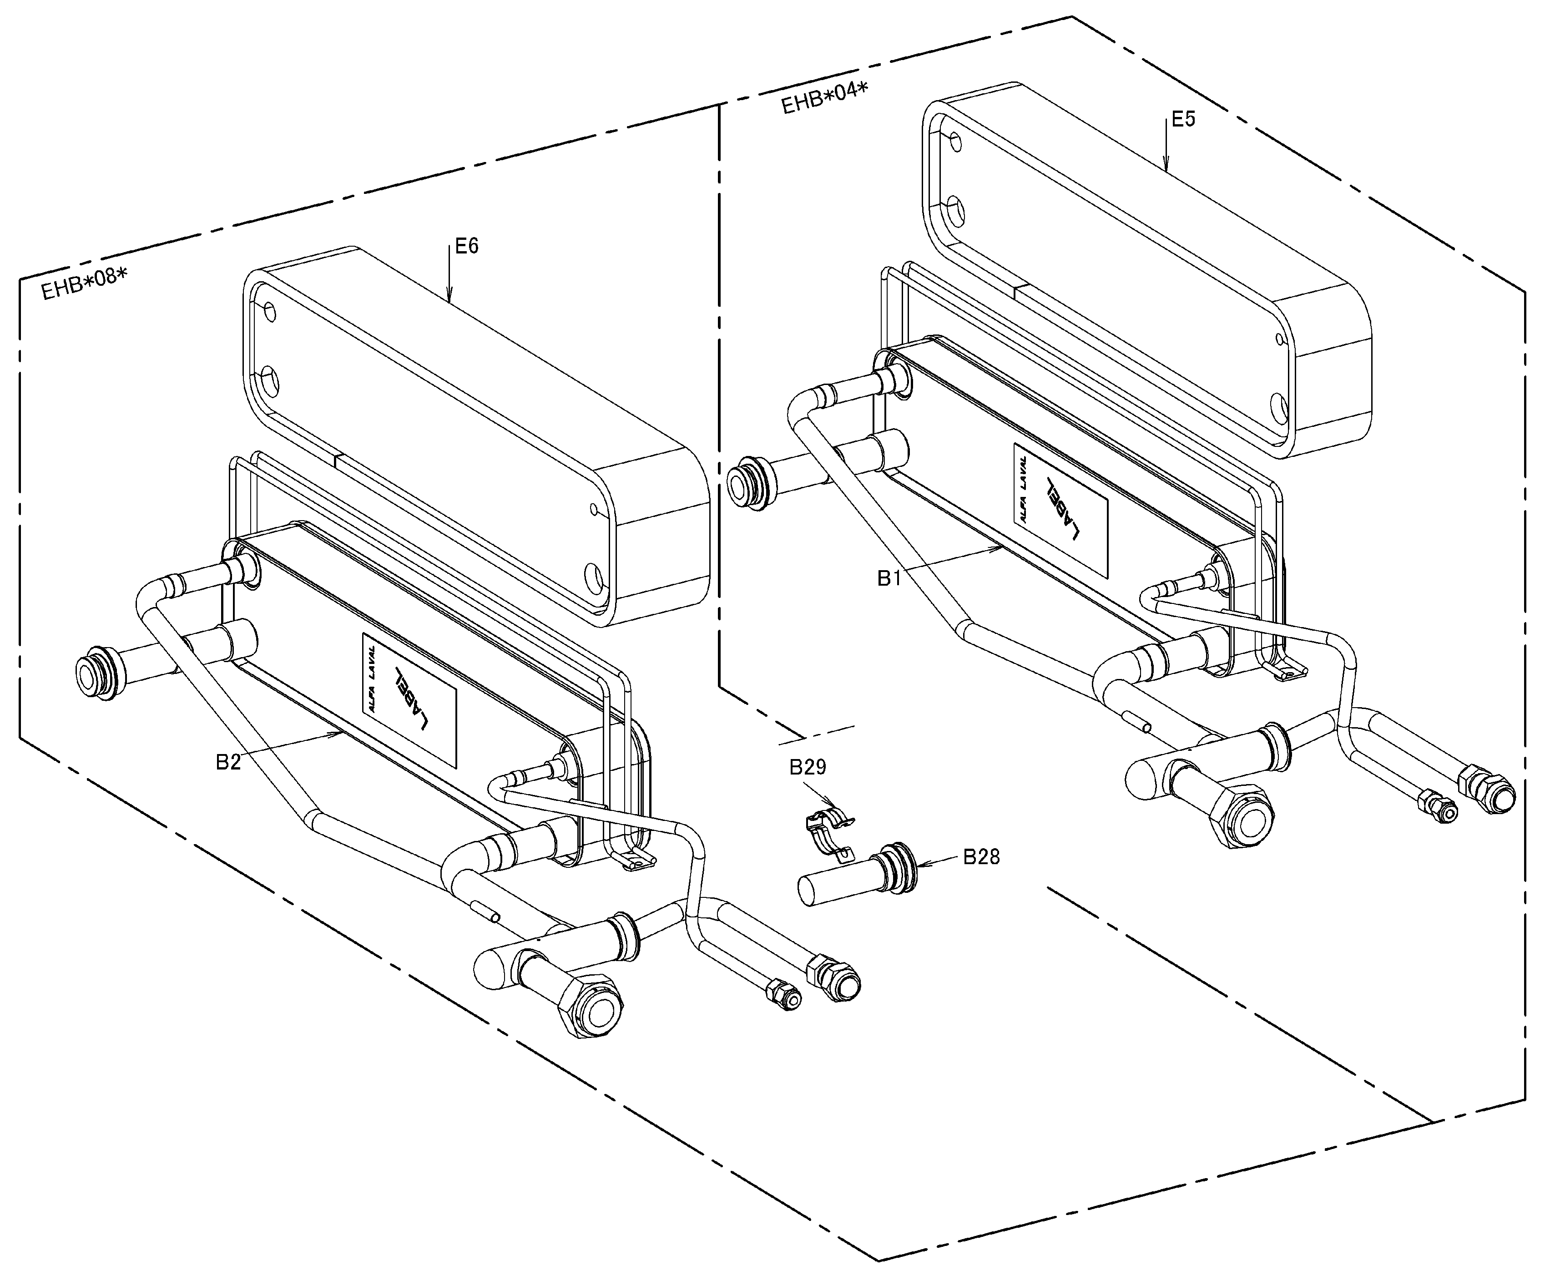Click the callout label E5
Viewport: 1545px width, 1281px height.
tap(1183, 119)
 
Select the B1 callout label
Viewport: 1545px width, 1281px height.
tap(889, 578)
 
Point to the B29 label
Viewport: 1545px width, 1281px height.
tap(808, 767)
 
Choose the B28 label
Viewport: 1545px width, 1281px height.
tap(981, 857)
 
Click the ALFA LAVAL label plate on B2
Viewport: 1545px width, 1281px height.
tap(409, 698)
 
